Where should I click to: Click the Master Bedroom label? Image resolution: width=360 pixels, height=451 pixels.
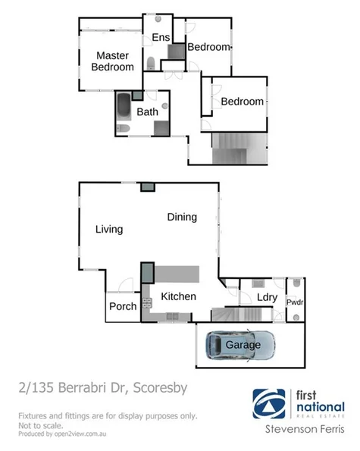(x=112, y=61)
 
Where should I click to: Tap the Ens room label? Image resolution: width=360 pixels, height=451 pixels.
(x=161, y=38)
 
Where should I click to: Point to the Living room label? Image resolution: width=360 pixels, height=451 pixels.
(x=109, y=229)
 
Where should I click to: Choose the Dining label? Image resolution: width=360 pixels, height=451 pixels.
(x=182, y=218)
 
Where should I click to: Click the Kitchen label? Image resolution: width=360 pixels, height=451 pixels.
(x=179, y=296)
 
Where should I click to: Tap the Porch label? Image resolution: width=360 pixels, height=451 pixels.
(x=123, y=306)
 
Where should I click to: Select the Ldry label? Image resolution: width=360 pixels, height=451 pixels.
(x=266, y=298)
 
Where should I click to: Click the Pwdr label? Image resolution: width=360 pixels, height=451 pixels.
(x=295, y=302)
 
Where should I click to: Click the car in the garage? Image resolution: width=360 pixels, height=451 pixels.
(x=242, y=345)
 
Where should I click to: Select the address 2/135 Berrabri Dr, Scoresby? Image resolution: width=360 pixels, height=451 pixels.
(x=102, y=389)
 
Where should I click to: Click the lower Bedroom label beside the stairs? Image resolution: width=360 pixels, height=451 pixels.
(x=243, y=102)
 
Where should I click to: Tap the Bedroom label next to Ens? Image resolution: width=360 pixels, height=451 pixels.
(x=208, y=47)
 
